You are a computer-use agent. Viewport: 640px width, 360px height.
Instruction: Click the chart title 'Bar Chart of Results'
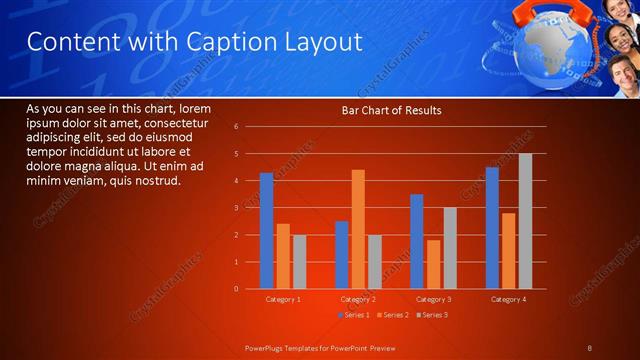[391, 110]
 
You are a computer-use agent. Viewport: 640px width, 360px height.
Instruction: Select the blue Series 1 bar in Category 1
[266, 231]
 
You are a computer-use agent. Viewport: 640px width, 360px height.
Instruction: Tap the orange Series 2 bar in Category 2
[358, 229]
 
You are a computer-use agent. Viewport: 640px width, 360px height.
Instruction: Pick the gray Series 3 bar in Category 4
[525, 221]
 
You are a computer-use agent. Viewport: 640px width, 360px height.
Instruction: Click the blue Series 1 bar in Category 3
[417, 241]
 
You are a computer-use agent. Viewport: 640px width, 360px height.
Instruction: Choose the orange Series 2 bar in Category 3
[433, 264]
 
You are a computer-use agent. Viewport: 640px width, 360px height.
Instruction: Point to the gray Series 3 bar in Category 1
[299, 262]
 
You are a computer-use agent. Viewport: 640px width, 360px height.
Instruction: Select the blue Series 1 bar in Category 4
[492, 228]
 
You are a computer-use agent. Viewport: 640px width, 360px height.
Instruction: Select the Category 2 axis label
[358, 299]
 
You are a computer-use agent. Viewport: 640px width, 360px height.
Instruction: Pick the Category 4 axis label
[508, 299]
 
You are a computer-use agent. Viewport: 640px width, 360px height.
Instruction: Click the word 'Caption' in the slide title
[219, 42]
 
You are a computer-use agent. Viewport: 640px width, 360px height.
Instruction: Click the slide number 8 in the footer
[590, 347]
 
